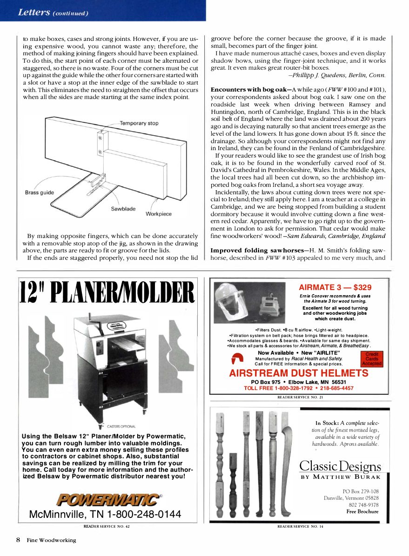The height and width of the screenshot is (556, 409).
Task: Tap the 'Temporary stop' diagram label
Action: [x=139, y=123]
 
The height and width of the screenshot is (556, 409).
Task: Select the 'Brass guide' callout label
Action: [x=40, y=192]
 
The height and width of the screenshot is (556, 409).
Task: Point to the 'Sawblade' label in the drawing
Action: [x=123, y=209]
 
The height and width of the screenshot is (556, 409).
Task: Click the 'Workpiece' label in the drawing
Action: [x=158, y=214]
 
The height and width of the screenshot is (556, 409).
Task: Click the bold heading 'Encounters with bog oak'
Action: [x=249, y=89]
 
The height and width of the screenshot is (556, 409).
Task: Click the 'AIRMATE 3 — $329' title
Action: [x=335, y=287]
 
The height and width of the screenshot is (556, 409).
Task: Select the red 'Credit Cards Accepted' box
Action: [x=371, y=359]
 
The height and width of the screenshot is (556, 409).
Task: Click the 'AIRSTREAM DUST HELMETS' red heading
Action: [x=298, y=373]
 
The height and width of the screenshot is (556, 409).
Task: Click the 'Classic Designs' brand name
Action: [x=340, y=466]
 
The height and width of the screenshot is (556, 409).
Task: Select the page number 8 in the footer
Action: [x=18, y=540]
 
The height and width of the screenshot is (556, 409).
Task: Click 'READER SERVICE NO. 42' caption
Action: [x=107, y=527]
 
